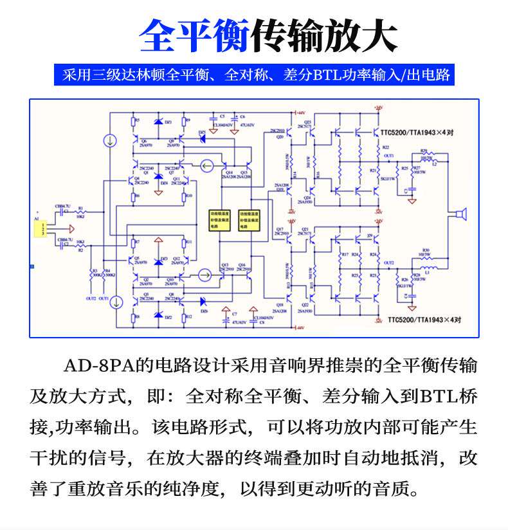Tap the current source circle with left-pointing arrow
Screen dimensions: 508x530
(x=206, y=167)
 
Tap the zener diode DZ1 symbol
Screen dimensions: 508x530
(x=158, y=122)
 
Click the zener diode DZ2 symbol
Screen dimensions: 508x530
(x=159, y=316)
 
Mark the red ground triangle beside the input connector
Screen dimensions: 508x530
(x=69, y=228)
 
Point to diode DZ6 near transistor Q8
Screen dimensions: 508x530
(x=204, y=301)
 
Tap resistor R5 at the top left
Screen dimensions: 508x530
(x=132, y=121)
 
